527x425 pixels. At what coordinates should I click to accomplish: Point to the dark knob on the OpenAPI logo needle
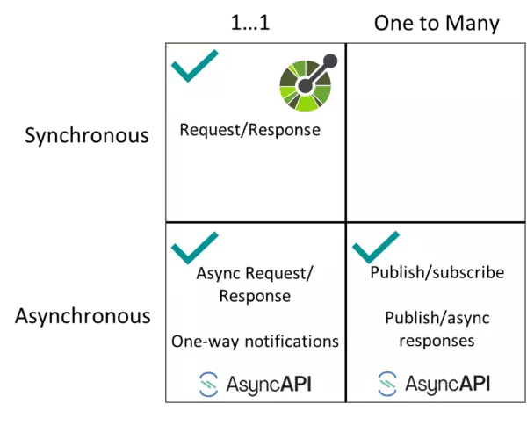coord(330,61)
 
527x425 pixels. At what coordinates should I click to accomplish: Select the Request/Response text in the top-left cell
coord(250,130)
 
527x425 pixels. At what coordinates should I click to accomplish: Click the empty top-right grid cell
coord(436,132)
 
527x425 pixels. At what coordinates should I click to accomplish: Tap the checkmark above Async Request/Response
coord(195,248)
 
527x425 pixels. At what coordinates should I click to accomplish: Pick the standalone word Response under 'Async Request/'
coord(255,296)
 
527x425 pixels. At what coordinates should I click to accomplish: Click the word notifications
coord(289,341)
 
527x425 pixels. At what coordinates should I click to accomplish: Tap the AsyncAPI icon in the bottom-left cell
coord(208,384)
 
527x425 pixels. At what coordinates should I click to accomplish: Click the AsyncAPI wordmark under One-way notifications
coord(269,384)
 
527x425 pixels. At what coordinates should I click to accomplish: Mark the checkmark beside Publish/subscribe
coord(376,248)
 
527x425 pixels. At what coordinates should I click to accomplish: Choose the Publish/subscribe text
coord(437,272)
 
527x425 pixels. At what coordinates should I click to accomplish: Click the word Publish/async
coord(437,317)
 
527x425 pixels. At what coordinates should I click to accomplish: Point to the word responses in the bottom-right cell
coord(437,340)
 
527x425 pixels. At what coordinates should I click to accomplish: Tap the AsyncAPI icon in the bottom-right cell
coord(387,384)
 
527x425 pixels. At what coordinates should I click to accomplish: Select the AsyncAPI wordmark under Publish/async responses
coord(448,384)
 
